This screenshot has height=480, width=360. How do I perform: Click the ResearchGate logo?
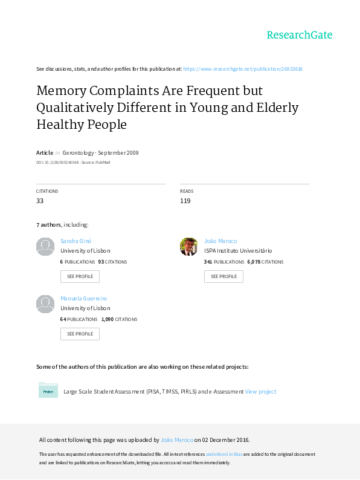pyautogui.click(x=300, y=35)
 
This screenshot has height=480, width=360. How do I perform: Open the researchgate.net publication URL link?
pyautogui.click(x=243, y=69)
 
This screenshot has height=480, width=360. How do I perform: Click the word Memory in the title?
pyautogui.click(x=62, y=91)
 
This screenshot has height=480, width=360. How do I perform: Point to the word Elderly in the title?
pyautogui.click(x=277, y=108)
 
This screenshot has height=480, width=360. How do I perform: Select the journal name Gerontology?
pyautogui.click(x=78, y=153)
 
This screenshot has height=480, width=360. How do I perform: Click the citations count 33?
pyautogui.click(x=40, y=201)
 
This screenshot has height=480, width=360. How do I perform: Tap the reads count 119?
pyautogui.click(x=185, y=201)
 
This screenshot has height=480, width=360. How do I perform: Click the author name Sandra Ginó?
pyautogui.click(x=76, y=241)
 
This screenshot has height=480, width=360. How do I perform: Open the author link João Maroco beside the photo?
pyautogui.click(x=220, y=241)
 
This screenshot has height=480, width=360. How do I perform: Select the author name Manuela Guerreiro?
pyautogui.click(x=84, y=298)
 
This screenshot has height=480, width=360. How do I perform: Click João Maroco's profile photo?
pyautogui.click(x=189, y=247)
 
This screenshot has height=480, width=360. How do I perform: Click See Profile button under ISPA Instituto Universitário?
pyautogui.click(x=223, y=276)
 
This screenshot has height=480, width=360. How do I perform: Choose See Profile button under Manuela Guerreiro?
pyautogui.click(x=80, y=334)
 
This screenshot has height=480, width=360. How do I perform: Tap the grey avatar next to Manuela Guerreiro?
pyautogui.click(x=45, y=304)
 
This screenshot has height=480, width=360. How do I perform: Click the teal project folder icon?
pyautogui.click(x=48, y=390)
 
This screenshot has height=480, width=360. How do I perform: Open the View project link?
pyautogui.click(x=260, y=392)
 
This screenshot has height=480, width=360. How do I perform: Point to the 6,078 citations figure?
pyautogui.click(x=254, y=262)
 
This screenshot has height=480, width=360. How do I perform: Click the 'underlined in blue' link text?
pyautogui.click(x=224, y=454)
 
